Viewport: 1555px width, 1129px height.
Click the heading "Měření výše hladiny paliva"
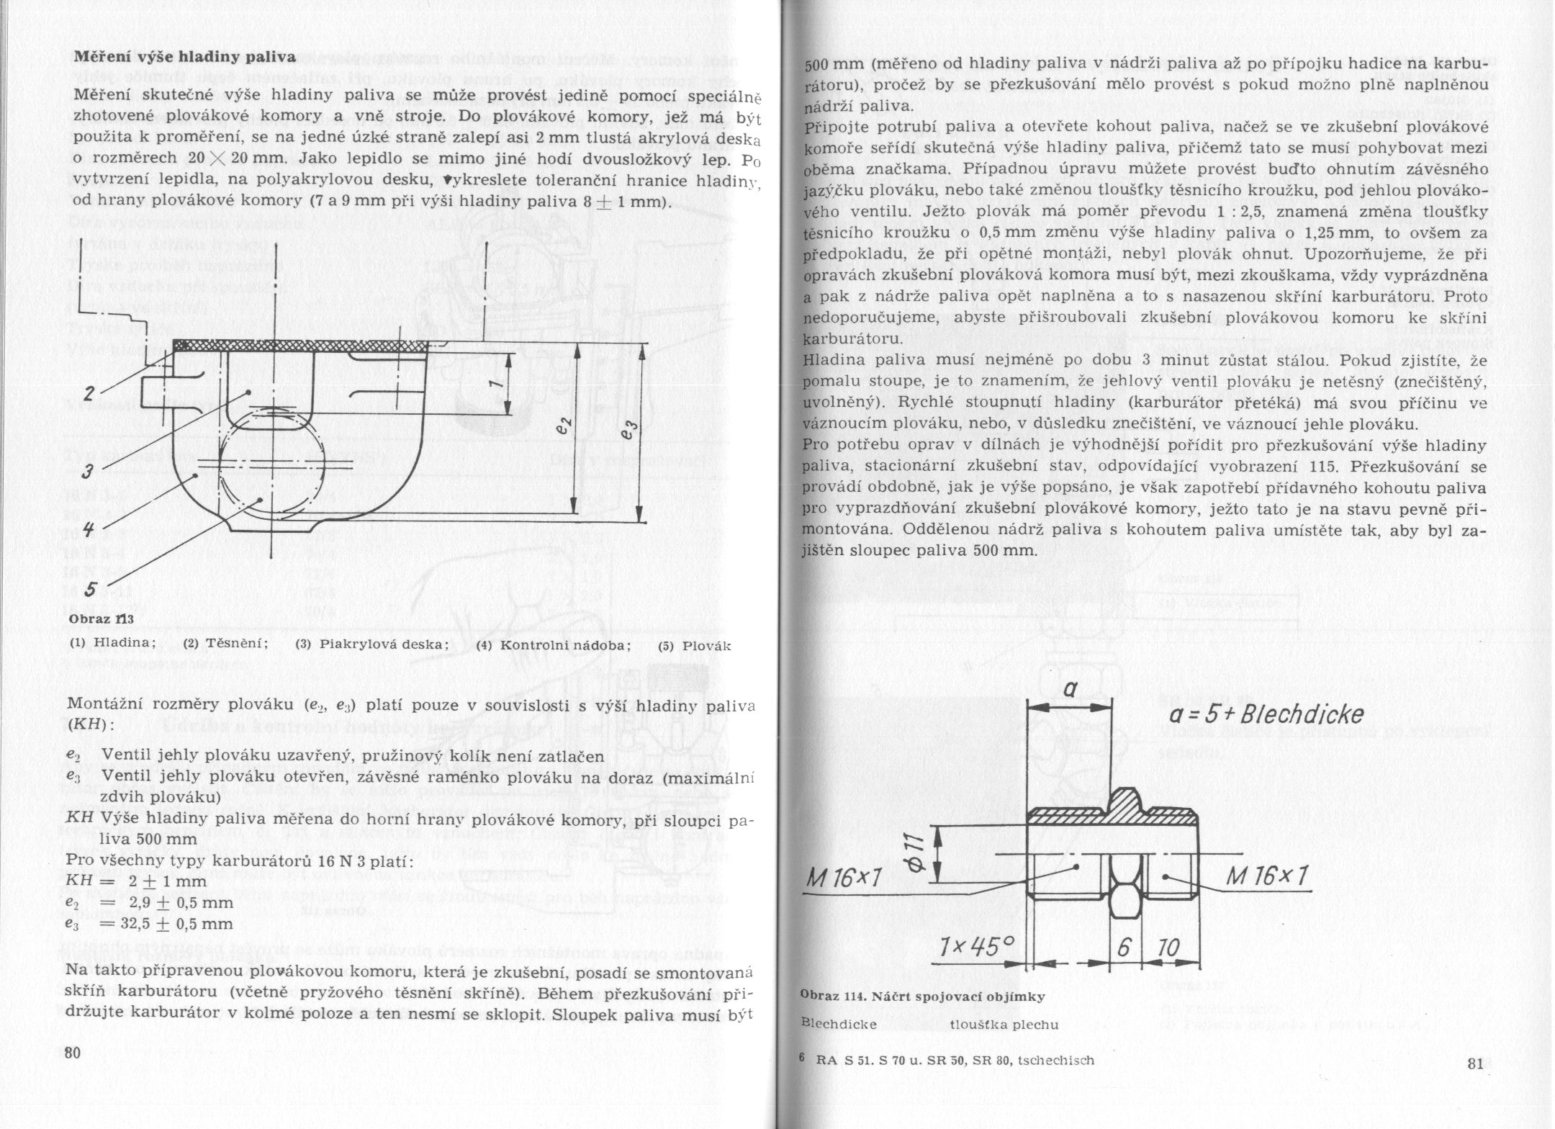pyautogui.click(x=185, y=57)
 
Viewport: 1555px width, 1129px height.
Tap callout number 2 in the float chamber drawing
pyautogui.click(x=89, y=393)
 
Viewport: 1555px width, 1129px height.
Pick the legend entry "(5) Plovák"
pyautogui.click(x=695, y=645)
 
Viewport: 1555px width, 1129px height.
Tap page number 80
pyautogui.click(x=72, y=1053)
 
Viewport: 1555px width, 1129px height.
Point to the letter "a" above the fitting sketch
pyautogui.click(x=1070, y=690)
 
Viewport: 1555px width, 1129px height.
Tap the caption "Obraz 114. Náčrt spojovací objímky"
pyautogui.click(x=921, y=997)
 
